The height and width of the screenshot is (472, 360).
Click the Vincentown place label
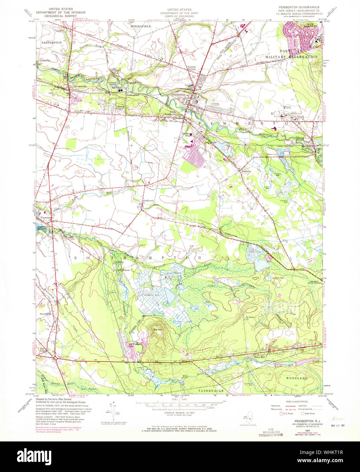coord(47,217)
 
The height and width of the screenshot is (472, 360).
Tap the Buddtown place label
coord(148,201)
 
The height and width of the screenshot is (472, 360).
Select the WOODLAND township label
coord(296,378)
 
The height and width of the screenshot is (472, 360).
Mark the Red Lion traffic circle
coord(55,358)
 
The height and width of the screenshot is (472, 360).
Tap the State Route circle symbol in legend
coord(303,414)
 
